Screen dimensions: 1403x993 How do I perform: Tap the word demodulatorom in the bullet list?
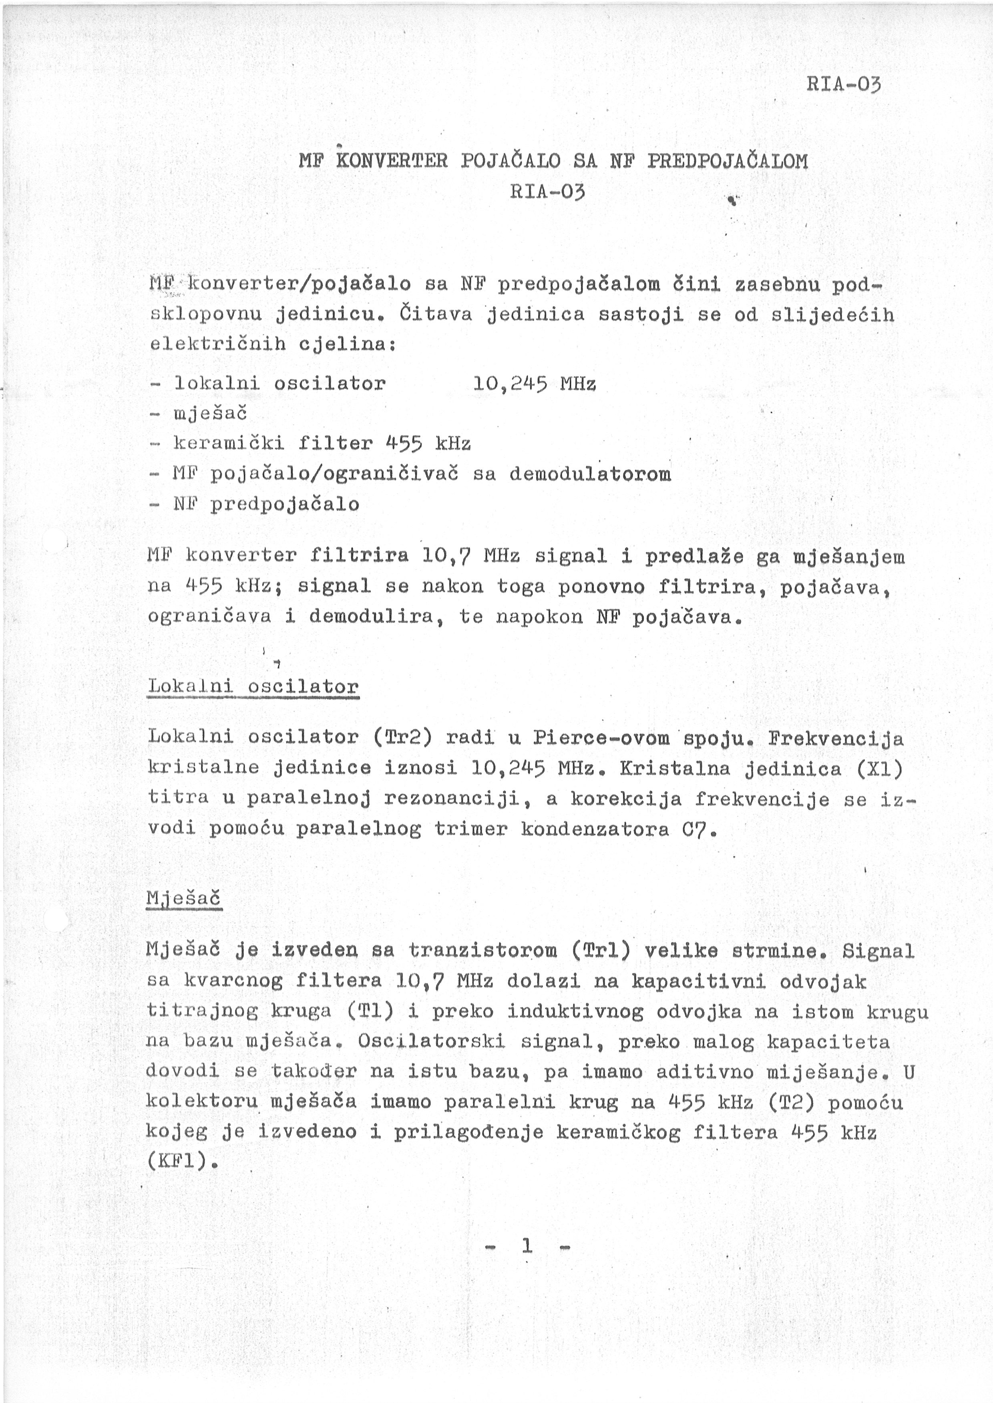(x=590, y=474)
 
